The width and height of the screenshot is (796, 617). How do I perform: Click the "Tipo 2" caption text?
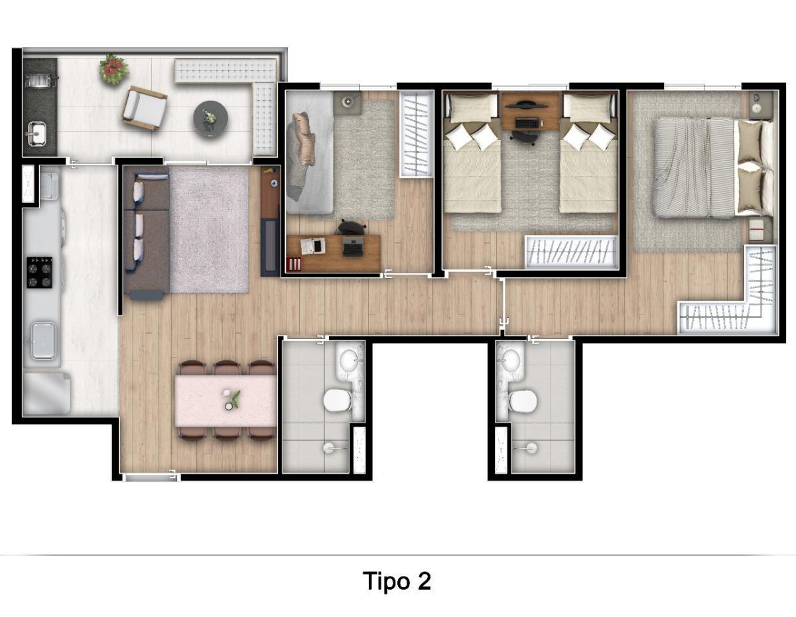(397, 581)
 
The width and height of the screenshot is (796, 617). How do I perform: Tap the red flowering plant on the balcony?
(114, 69)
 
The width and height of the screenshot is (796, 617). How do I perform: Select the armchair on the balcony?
(145, 108)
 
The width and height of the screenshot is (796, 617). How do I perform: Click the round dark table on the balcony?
(210, 119)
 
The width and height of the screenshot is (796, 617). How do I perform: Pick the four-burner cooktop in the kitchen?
(39, 272)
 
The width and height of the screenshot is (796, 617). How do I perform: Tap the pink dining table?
(226, 401)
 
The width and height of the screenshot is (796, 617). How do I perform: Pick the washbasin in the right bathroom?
(509, 362)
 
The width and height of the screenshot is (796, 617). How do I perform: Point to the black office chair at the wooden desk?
(352, 228)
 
